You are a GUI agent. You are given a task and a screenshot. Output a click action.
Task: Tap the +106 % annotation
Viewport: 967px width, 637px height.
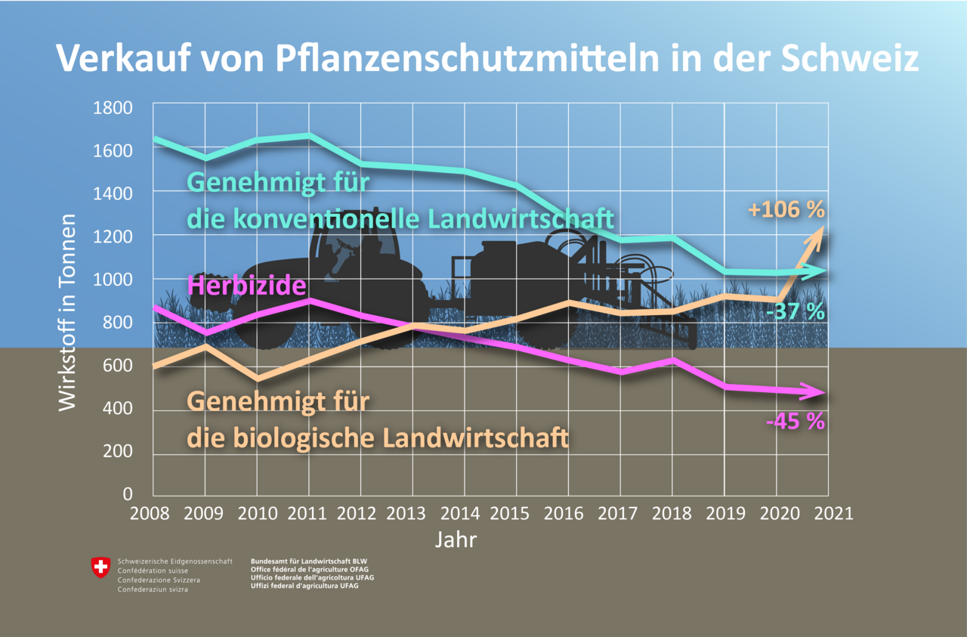tap(786, 209)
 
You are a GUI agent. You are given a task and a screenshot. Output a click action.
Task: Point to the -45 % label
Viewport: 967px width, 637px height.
tap(795, 421)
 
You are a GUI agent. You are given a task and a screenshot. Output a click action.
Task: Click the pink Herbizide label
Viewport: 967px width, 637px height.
tap(246, 286)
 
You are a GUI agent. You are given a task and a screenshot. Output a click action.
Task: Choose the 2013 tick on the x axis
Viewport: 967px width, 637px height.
tap(412, 513)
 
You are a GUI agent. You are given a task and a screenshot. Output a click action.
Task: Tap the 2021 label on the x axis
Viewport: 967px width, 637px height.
tap(829, 513)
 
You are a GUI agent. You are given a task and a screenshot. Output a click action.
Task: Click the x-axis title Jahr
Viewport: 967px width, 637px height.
tap(456, 540)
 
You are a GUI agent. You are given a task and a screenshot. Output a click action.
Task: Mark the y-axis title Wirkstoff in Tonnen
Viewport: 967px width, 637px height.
tap(68, 311)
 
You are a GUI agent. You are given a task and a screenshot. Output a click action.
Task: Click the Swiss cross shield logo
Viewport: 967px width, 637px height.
tap(100, 567)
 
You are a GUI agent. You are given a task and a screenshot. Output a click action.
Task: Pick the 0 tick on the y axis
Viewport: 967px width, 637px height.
tap(126, 494)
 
